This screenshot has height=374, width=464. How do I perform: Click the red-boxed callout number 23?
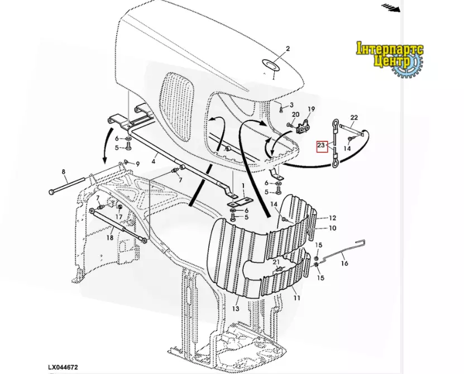tap(321, 145)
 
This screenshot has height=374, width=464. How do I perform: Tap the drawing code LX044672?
tap(63, 367)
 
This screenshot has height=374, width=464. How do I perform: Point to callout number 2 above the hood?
tap(288, 49)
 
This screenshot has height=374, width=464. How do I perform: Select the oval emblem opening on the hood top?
tap(270, 65)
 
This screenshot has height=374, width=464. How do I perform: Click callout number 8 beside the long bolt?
tap(63, 171)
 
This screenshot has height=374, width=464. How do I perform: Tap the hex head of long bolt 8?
tap(52, 192)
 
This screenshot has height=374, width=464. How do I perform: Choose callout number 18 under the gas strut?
tap(110, 238)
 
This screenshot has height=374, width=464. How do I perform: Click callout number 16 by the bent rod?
tap(345, 263)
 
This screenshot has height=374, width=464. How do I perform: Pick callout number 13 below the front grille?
tap(235, 309)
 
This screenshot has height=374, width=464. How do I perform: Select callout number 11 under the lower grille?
tap(297, 298)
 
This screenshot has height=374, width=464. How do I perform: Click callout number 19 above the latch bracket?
tap(312, 109)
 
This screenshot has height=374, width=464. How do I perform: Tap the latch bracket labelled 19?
tap(304, 127)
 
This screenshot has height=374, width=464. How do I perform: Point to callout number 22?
tap(354, 117)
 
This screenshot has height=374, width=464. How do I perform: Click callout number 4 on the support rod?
tap(154, 161)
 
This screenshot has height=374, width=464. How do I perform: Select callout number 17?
tap(119, 217)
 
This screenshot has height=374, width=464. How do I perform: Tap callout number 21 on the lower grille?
tap(276, 262)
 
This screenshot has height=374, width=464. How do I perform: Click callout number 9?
tap(137, 164)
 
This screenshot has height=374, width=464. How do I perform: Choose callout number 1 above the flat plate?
tap(243, 186)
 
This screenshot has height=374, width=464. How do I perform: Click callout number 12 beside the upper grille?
tap(332, 218)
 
